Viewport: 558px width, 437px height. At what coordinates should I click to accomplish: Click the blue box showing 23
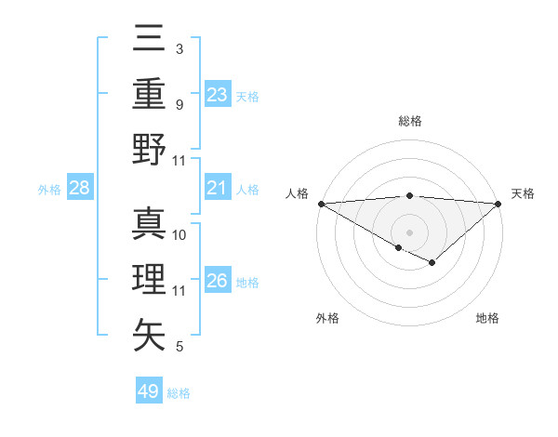click(x=218, y=94)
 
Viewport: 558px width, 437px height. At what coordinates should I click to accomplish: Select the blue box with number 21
click(x=218, y=189)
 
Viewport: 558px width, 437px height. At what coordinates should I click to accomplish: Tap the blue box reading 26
click(x=218, y=281)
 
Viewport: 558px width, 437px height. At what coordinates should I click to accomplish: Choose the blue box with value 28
click(x=80, y=189)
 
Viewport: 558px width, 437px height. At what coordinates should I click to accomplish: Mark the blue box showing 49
click(x=149, y=391)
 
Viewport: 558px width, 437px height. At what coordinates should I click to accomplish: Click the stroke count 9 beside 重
click(x=179, y=104)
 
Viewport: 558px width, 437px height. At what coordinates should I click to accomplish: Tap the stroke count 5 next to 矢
click(x=179, y=347)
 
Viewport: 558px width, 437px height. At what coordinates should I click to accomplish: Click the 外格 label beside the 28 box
click(x=49, y=190)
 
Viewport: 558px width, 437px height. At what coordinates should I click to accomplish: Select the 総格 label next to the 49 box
click(x=179, y=392)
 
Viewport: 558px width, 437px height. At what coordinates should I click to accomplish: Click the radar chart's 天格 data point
click(x=498, y=204)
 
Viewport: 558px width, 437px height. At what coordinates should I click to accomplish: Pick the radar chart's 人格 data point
click(x=321, y=204)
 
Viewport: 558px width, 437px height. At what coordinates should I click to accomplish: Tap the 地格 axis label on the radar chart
click(x=487, y=318)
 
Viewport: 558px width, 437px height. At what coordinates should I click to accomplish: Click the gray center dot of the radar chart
click(x=409, y=232)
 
